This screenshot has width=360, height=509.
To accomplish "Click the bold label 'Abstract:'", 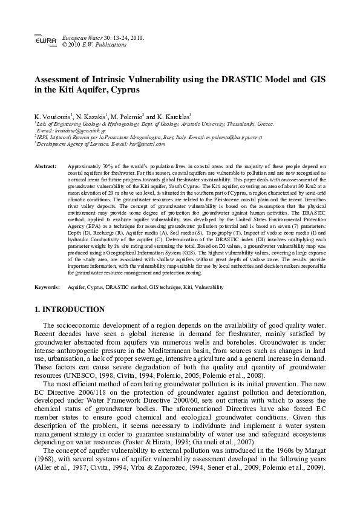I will pyautogui.click(x=46, y=166).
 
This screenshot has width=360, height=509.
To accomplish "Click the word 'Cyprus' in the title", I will pyautogui.click(x=122, y=90).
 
